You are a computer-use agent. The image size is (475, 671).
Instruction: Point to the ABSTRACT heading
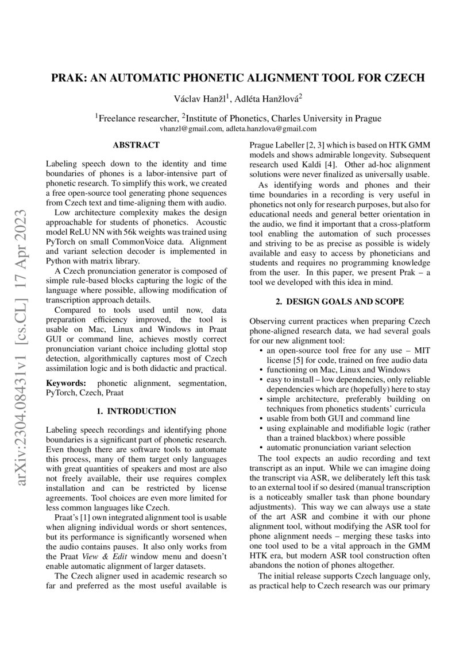[x=136, y=146]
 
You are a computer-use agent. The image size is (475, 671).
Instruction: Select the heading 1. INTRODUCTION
[x=136, y=411]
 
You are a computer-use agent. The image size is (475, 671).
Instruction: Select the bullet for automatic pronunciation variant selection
[x=262, y=447]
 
